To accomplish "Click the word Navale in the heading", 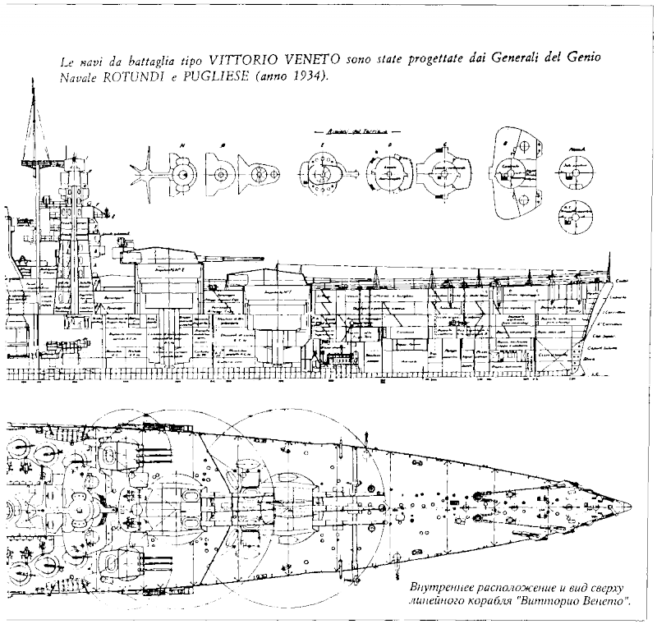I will pyautogui.click(x=78, y=78).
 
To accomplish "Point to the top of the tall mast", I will pyautogui.click(x=34, y=90).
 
